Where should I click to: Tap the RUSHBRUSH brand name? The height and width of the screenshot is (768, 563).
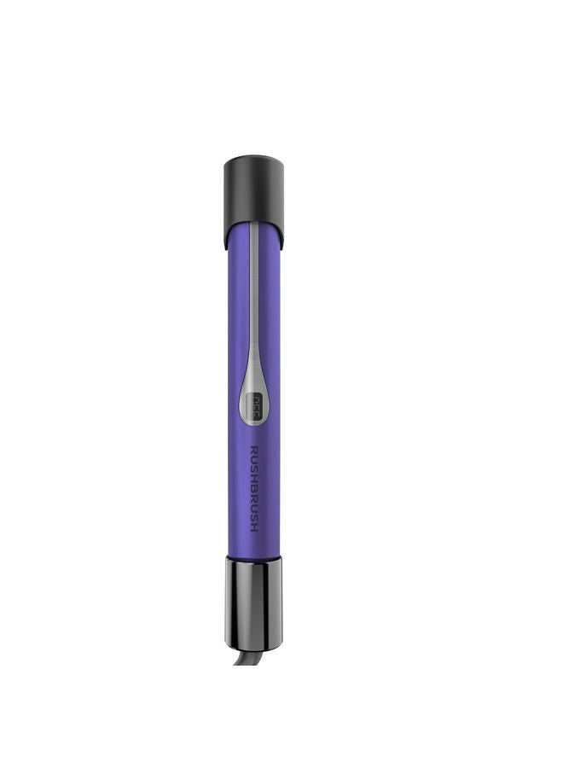tap(254, 489)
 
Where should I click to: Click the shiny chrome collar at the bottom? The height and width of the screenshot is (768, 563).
tap(253, 602)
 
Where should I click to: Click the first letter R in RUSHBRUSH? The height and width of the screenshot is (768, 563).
tap(254, 450)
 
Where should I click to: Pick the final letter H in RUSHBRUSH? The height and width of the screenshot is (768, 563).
tap(254, 527)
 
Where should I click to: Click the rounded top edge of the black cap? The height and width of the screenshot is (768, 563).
tap(253, 159)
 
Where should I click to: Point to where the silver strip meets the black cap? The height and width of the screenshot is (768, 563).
tap(253, 224)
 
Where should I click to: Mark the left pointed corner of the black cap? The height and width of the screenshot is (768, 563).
tap(226, 248)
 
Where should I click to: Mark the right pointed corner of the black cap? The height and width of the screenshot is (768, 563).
tap(281, 248)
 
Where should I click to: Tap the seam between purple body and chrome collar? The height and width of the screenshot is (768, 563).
tap(253, 556)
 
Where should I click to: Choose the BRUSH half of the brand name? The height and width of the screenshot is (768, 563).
tap(254, 508)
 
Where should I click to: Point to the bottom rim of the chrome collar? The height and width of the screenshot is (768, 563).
tap(253, 646)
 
